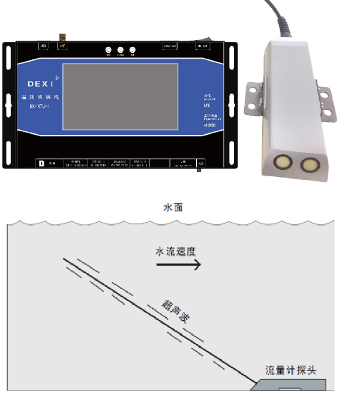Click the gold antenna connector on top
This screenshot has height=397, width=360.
point(61,38)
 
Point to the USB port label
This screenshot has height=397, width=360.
point(43,46)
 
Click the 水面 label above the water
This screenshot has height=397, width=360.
point(173,208)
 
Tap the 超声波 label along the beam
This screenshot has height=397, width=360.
point(176,312)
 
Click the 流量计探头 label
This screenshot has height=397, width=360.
point(290,370)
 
